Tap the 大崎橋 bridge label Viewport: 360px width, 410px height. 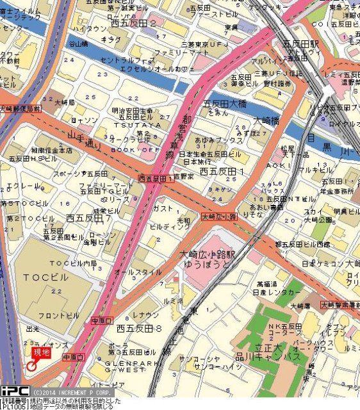[266, 120]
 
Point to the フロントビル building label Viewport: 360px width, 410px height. [58, 315]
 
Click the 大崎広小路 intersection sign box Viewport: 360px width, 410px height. [220, 217]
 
